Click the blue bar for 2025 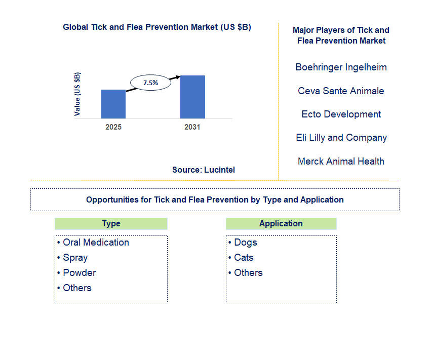[x=113, y=104]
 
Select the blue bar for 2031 [x=192, y=97]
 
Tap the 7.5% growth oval [x=150, y=82]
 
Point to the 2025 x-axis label [x=113, y=127]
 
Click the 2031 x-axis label [x=192, y=127]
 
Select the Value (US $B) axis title [x=77, y=94]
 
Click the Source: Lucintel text [x=204, y=170]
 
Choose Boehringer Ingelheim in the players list [x=341, y=67]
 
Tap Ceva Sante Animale [x=341, y=91]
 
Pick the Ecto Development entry [x=341, y=114]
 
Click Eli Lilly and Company [x=341, y=137]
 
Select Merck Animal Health [x=341, y=161]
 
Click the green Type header [x=111, y=224]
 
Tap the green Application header [x=281, y=224]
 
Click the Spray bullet [x=74, y=258]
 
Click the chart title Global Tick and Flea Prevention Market [x=157, y=27]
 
